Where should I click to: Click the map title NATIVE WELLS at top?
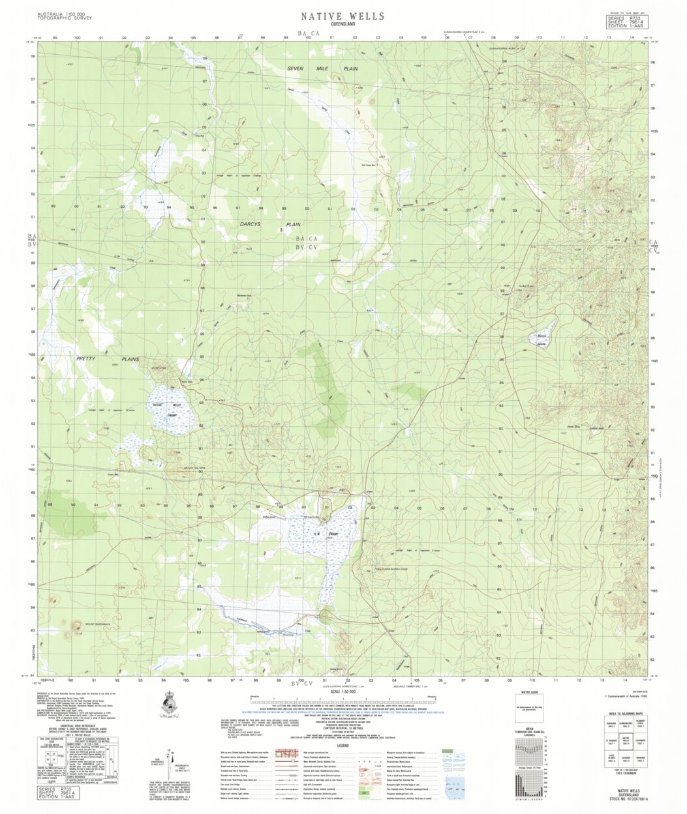tap(343, 16)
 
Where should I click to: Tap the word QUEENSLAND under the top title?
tap(343, 25)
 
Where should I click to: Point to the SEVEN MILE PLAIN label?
tap(323, 68)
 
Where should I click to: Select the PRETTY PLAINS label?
tap(108, 359)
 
